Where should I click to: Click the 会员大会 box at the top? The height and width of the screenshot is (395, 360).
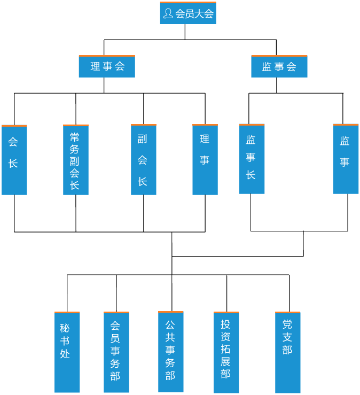click(x=188, y=13)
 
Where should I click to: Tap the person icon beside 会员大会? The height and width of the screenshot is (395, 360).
click(x=168, y=13)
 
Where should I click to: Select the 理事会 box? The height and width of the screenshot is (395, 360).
click(x=107, y=67)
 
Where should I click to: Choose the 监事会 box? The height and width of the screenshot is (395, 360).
click(x=279, y=67)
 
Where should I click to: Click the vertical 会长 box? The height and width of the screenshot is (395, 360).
click(x=14, y=160)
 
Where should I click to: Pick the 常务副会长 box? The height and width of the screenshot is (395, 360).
click(x=76, y=160)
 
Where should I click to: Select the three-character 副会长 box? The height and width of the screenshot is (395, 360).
click(x=144, y=160)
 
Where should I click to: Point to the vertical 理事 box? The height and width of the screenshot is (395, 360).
click(x=205, y=160)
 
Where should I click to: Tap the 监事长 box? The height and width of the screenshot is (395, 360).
click(x=252, y=159)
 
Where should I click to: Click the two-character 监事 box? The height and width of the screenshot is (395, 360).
click(x=346, y=159)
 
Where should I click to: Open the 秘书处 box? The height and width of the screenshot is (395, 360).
click(x=67, y=353)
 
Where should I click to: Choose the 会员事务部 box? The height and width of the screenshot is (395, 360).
click(x=116, y=353)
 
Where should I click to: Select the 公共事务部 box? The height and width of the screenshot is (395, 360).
click(x=171, y=352)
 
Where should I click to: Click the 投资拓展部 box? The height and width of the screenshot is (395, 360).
click(x=226, y=353)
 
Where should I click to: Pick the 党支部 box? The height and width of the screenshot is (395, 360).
click(x=288, y=353)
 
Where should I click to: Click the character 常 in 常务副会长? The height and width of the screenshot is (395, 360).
click(x=75, y=137)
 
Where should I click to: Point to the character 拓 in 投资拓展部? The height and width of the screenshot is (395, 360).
click(x=226, y=348)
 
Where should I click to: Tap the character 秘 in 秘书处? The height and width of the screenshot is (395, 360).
click(x=65, y=328)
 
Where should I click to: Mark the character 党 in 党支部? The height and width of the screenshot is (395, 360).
click(x=287, y=324)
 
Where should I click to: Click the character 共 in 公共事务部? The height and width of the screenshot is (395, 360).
click(x=170, y=337)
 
